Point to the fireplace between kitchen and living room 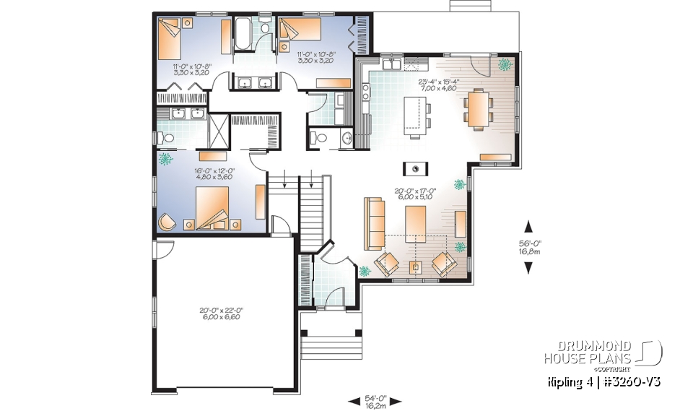click(417, 168)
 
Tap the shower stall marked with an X click(217, 130)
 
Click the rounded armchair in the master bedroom click(167, 222)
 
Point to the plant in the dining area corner click(503, 64)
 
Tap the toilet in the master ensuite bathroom click(167, 135)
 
